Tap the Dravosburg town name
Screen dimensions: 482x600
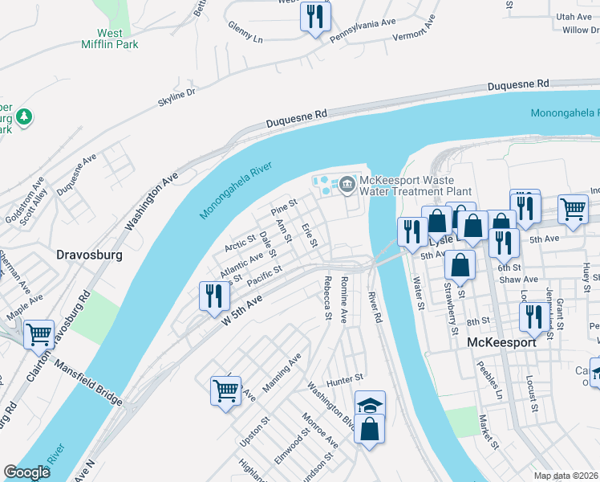89,255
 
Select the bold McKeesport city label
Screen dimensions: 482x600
501,341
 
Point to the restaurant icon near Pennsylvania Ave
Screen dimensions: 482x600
314,16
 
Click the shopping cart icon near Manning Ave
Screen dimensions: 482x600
226,391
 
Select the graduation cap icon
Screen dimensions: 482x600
370,405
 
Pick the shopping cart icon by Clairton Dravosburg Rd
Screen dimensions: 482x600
39,333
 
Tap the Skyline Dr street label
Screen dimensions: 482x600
177,97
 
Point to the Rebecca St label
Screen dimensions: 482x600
327,299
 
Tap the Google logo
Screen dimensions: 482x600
27,472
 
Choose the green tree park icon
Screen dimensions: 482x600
26,117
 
